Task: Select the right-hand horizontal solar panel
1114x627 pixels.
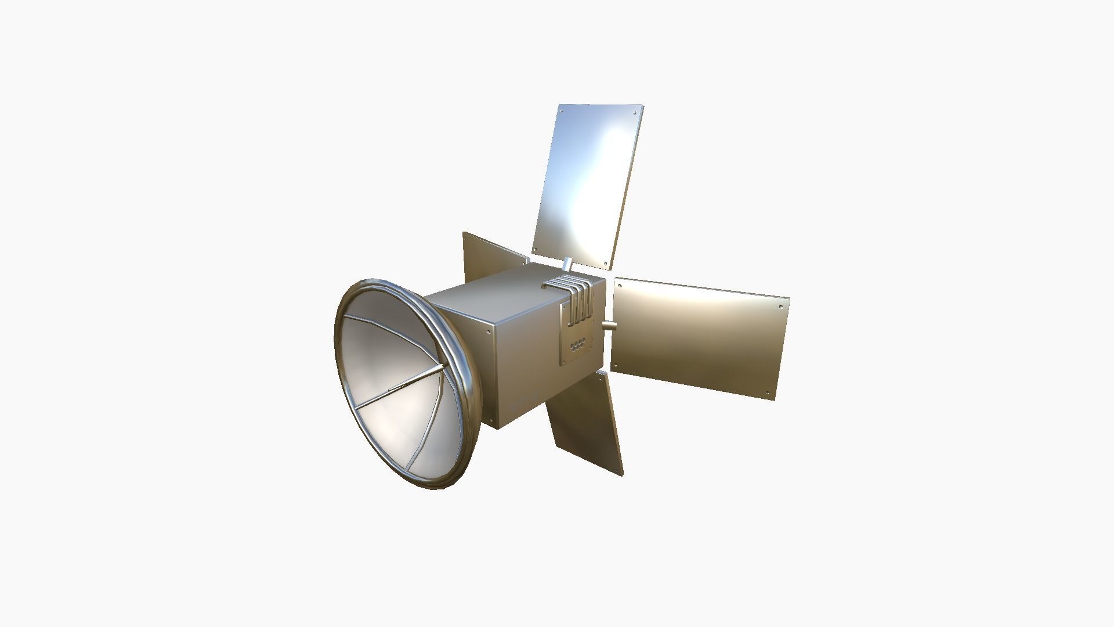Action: [x=699, y=337]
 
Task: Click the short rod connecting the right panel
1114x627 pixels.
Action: [x=609, y=327]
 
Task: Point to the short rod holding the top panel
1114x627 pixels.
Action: [x=567, y=264]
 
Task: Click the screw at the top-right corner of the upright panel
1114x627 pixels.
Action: [x=635, y=112]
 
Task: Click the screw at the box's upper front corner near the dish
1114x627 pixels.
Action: [x=486, y=333]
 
